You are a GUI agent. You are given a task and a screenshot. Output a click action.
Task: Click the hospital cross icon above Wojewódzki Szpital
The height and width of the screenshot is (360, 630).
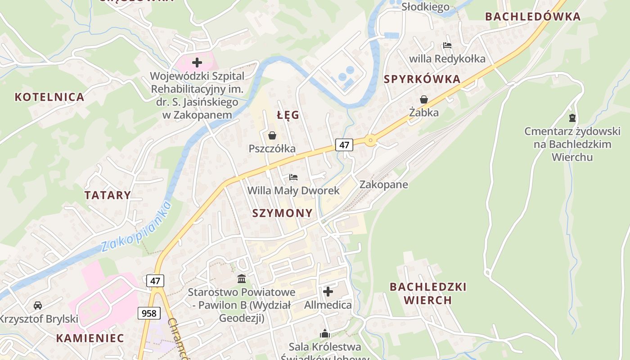tap(197, 63)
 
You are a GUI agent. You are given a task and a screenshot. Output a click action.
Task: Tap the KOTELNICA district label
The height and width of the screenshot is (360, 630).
tap(49, 97)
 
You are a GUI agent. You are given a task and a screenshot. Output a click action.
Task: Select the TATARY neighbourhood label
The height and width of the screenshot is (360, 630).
tap(108, 195)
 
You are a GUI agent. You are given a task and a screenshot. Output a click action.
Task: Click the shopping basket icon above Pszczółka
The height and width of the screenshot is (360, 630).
tap(272, 135)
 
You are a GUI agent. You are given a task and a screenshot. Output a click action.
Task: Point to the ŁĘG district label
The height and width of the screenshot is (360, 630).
tap(288, 115)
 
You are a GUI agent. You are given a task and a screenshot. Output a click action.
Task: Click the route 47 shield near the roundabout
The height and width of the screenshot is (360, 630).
tap(344, 145)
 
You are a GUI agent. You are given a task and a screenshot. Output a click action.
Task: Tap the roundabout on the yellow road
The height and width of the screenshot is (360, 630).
tap(370, 140)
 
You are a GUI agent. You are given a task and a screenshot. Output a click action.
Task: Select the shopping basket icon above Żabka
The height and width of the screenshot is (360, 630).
tap(423, 99)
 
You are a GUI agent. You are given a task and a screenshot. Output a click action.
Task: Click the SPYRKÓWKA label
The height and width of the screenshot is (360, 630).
tap(422, 80)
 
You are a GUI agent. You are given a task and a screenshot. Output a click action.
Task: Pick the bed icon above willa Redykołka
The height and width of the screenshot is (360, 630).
tap(447, 45)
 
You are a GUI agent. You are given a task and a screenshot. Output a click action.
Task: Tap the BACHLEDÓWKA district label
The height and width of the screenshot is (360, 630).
tap(533, 17)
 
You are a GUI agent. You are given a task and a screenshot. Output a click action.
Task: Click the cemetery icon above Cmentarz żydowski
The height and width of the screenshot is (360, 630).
tap(572, 118)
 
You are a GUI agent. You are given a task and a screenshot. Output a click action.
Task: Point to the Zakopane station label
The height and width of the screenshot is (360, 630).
tap(383, 184)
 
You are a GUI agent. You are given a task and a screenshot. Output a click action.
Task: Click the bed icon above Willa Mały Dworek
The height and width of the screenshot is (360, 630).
tap(293, 177)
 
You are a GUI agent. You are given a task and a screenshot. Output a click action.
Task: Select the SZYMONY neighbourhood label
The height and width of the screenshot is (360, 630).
tap(282, 213)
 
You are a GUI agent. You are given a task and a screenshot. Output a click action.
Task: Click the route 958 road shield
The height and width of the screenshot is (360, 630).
tap(149, 313)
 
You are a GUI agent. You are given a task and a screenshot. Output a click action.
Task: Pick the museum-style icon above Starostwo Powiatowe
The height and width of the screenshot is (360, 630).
tap(242, 279)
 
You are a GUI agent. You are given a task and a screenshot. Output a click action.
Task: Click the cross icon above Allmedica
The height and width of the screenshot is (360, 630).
tap(328, 292)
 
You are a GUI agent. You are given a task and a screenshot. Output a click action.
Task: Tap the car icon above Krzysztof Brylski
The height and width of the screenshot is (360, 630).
tap(38, 306)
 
